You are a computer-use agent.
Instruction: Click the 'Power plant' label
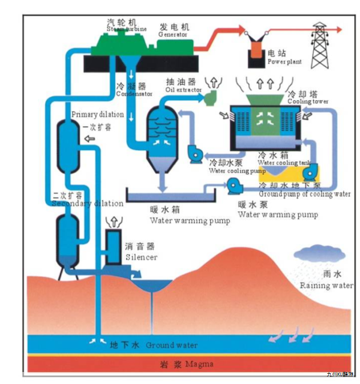[x=285, y=61]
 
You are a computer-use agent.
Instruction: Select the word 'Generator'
[x=173, y=35]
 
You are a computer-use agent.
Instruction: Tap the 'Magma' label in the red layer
[x=199, y=364]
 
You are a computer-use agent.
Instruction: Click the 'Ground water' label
[x=171, y=346]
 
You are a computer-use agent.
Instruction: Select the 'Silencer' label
[x=141, y=257]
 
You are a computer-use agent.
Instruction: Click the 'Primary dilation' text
[x=97, y=114]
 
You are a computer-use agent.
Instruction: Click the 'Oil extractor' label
[x=182, y=90]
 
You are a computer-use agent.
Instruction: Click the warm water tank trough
[x=171, y=196]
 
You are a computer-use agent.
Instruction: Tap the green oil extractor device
[x=211, y=97]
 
